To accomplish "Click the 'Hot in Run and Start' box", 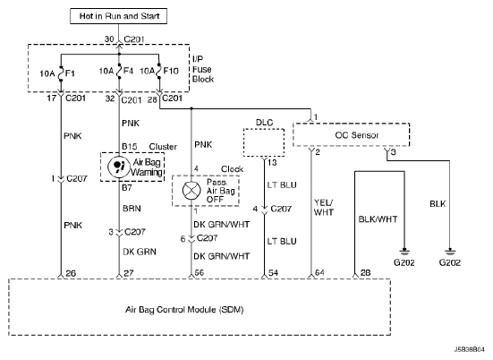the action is click(118, 16).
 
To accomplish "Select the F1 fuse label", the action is click(70, 73).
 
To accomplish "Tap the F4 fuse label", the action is click(128, 71).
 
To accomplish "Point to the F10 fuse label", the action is click(171, 71).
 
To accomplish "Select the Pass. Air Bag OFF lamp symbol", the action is click(191, 191).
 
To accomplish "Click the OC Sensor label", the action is click(357, 135).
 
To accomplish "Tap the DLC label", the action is click(264, 123).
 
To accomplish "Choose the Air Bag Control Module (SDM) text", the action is click(184, 310).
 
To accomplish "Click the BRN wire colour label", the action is click(132, 209).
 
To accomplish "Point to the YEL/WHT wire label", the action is click(324, 208).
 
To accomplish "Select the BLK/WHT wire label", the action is click(378, 219).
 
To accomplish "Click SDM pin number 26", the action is click(71, 273).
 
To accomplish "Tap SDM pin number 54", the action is click(273, 273).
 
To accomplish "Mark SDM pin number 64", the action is click(319, 272).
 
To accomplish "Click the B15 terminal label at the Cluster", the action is click(129, 147).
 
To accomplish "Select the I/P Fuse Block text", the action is click(203, 69).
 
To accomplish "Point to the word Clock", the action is click(232, 169).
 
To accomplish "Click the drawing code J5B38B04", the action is click(470, 349).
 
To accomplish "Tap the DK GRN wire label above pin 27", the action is click(140, 252).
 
